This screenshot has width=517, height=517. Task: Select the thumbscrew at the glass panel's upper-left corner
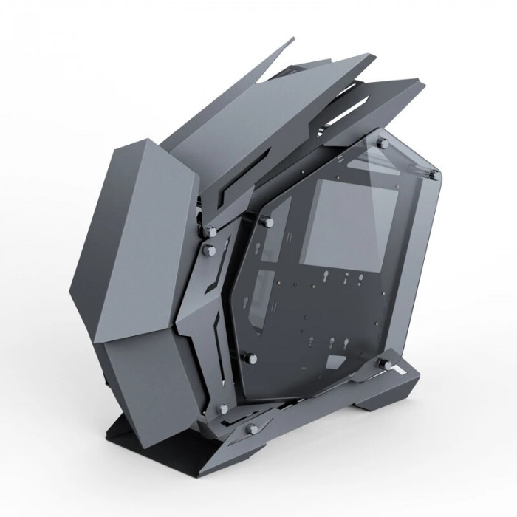click(x=264, y=220)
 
